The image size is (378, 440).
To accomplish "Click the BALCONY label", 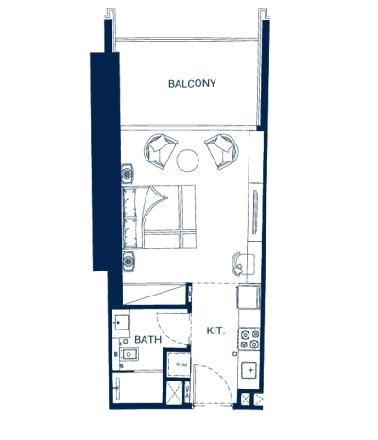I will pyautogui.click(x=192, y=83).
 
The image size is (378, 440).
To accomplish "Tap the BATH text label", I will pyautogui.click(x=146, y=338).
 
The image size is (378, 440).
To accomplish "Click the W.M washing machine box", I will pyautogui.click(x=179, y=364).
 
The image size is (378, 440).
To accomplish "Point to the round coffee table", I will pyautogui.click(x=189, y=159).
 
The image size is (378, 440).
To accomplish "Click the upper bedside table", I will pyautogui.click(x=127, y=172).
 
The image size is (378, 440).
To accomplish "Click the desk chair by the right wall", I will pyautogui.click(x=239, y=262).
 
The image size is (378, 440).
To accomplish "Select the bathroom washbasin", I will pyautogui.click(x=120, y=324).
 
